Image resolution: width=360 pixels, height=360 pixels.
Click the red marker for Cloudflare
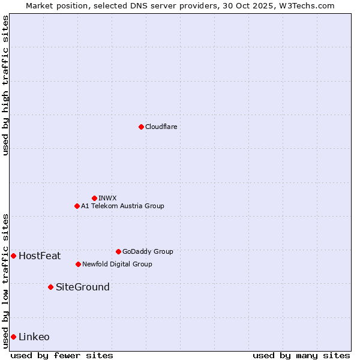click(141, 127)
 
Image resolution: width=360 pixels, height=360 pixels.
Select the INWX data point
click(94, 198)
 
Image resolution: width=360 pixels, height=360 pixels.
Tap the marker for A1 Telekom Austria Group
click(77, 206)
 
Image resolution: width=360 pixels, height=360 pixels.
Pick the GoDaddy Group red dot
click(118, 251)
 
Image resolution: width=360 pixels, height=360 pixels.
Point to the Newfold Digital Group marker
click(78, 264)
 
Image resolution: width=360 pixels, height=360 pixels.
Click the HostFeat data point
click(13, 256)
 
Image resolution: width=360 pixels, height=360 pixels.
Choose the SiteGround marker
click(50, 287)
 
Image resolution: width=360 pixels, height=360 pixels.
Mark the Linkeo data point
click(13, 337)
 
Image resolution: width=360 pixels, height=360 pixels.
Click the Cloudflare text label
click(161, 127)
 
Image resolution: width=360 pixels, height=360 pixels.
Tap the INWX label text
click(107, 198)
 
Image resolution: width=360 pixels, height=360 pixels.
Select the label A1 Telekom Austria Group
click(122, 206)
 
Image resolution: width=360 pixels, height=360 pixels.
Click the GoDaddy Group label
click(148, 251)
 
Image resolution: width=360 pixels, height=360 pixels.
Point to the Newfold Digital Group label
click(117, 264)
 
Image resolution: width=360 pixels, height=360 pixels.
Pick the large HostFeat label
click(40, 256)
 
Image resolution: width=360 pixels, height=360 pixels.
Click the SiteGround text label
click(83, 287)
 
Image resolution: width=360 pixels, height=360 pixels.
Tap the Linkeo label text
click(34, 337)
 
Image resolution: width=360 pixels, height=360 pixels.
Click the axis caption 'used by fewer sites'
click(62, 355)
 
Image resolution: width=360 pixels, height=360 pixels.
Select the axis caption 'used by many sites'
click(301, 355)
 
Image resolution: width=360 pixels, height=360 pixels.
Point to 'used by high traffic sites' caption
click(5, 85)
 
